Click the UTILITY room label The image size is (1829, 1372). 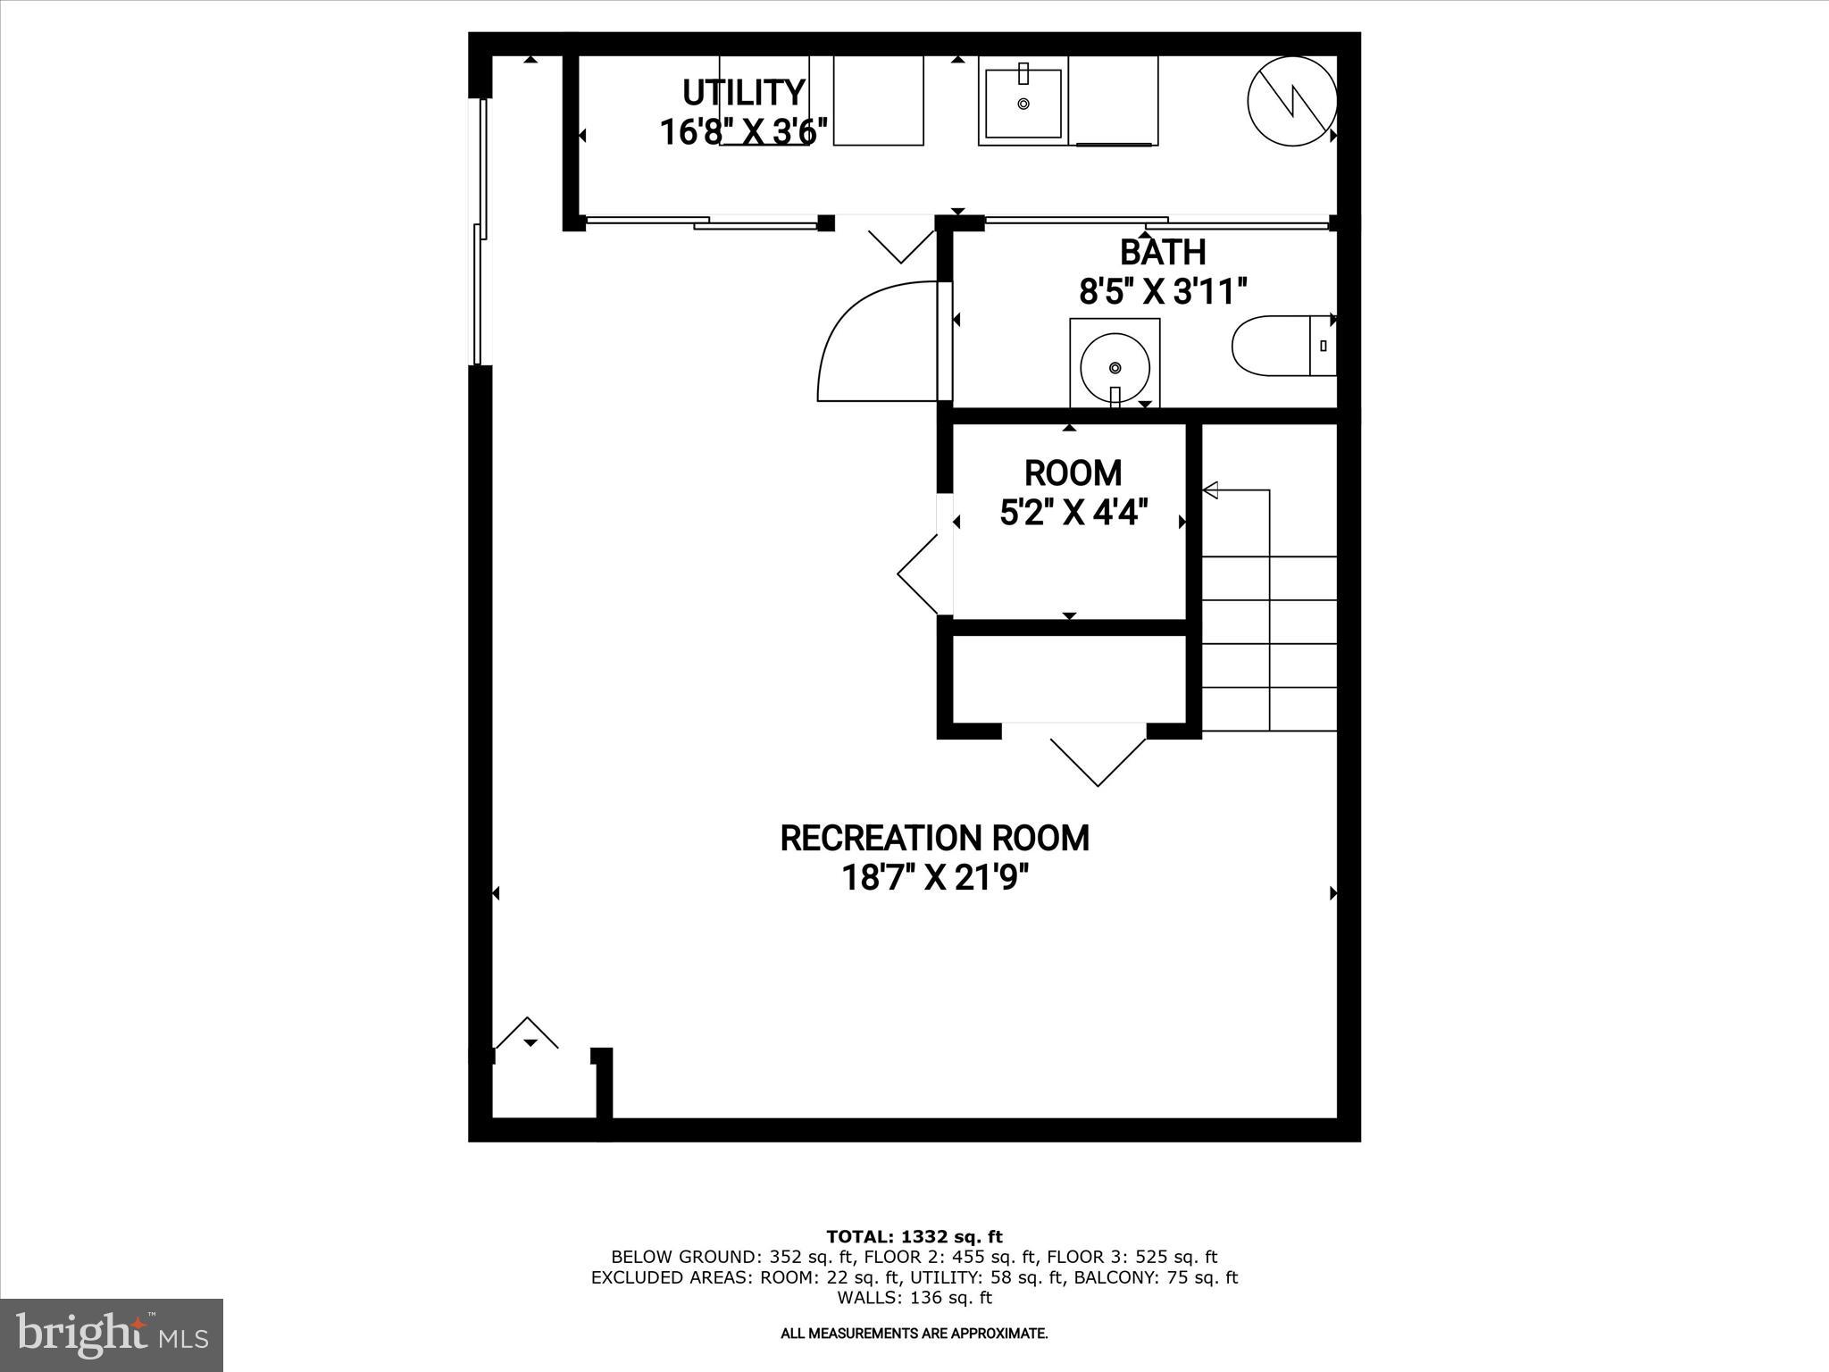tap(743, 93)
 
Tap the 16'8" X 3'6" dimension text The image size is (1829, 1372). tap(743, 132)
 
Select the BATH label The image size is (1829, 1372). tap(1162, 253)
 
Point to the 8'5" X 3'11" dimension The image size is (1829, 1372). tap(1162, 291)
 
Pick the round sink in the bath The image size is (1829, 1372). tap(1115, 364)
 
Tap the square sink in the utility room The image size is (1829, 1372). tap(1023, 104)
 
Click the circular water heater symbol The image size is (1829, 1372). tap(1291, 102)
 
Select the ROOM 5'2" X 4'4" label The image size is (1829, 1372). tap(1073, 492)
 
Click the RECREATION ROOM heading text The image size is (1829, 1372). tap(934, 839)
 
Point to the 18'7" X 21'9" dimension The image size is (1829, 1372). tap(934, 878)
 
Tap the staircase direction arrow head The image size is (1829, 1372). tap(1211, 489)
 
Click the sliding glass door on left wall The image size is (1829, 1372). tap(480, 232)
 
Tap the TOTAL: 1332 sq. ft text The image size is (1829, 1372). tap(914, 1237)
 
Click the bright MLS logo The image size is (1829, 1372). tap(112, 1334)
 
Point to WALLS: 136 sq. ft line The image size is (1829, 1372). tap(914, 1298)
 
